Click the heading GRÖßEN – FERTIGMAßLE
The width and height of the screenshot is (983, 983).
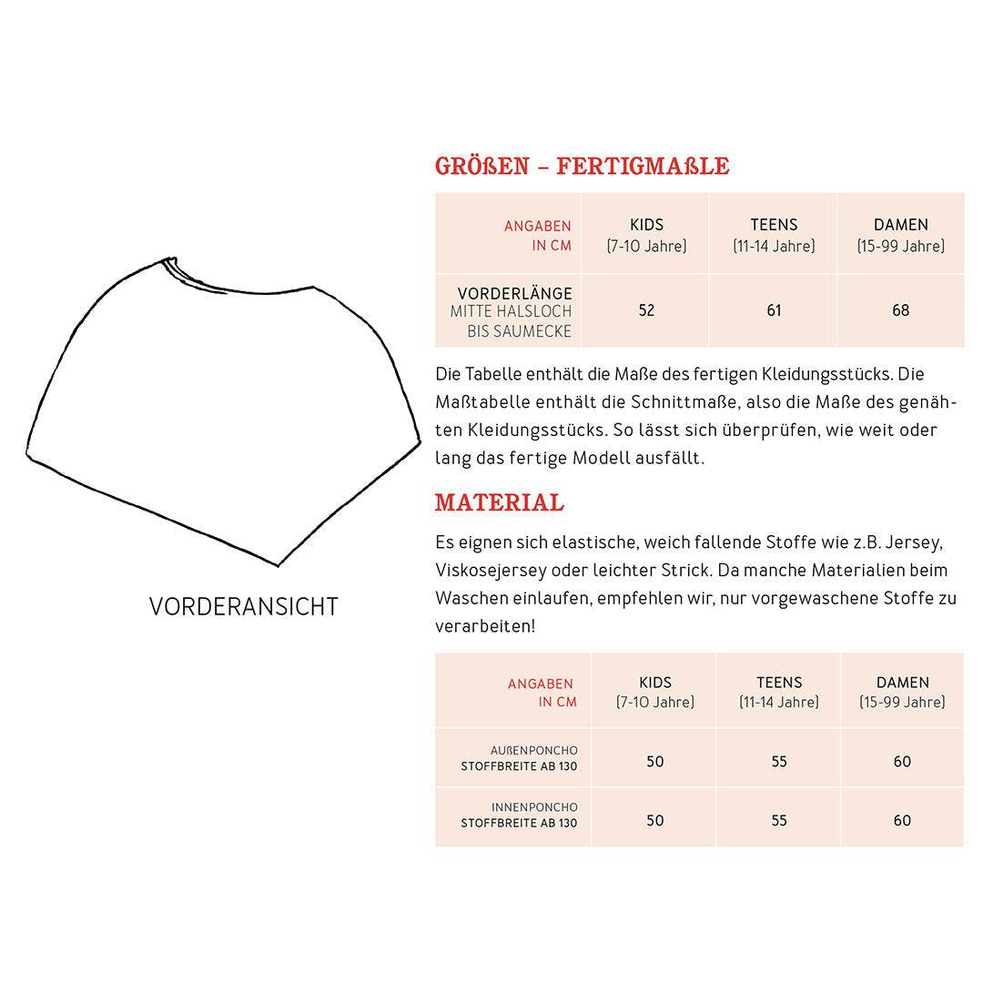[582, 166]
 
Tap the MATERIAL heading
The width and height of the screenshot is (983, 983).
[499, 502]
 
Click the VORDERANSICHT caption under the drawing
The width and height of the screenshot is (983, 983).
[244, 606]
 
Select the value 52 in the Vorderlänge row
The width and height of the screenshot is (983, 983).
[646, 310]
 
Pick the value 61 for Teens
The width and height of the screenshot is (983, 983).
[774, 310]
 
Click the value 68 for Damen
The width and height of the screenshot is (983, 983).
[900, 310]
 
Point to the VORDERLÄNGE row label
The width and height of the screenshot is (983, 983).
[514, 294]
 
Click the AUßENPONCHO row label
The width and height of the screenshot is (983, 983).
[533, 751]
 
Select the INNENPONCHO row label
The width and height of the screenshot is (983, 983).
[534, 807]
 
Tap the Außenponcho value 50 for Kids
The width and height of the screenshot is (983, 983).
[655, 762]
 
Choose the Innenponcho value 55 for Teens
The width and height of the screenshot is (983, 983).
[779, 820]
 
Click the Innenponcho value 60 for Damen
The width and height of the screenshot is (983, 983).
[902, 820]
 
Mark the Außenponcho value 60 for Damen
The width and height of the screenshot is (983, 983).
[902, 762]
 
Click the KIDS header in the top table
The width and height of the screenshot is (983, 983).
[646, 225]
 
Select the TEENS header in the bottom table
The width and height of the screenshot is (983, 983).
[779, 683]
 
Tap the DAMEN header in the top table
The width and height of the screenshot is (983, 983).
[900, 225]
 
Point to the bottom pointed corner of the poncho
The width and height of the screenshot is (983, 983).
[278, 565]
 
